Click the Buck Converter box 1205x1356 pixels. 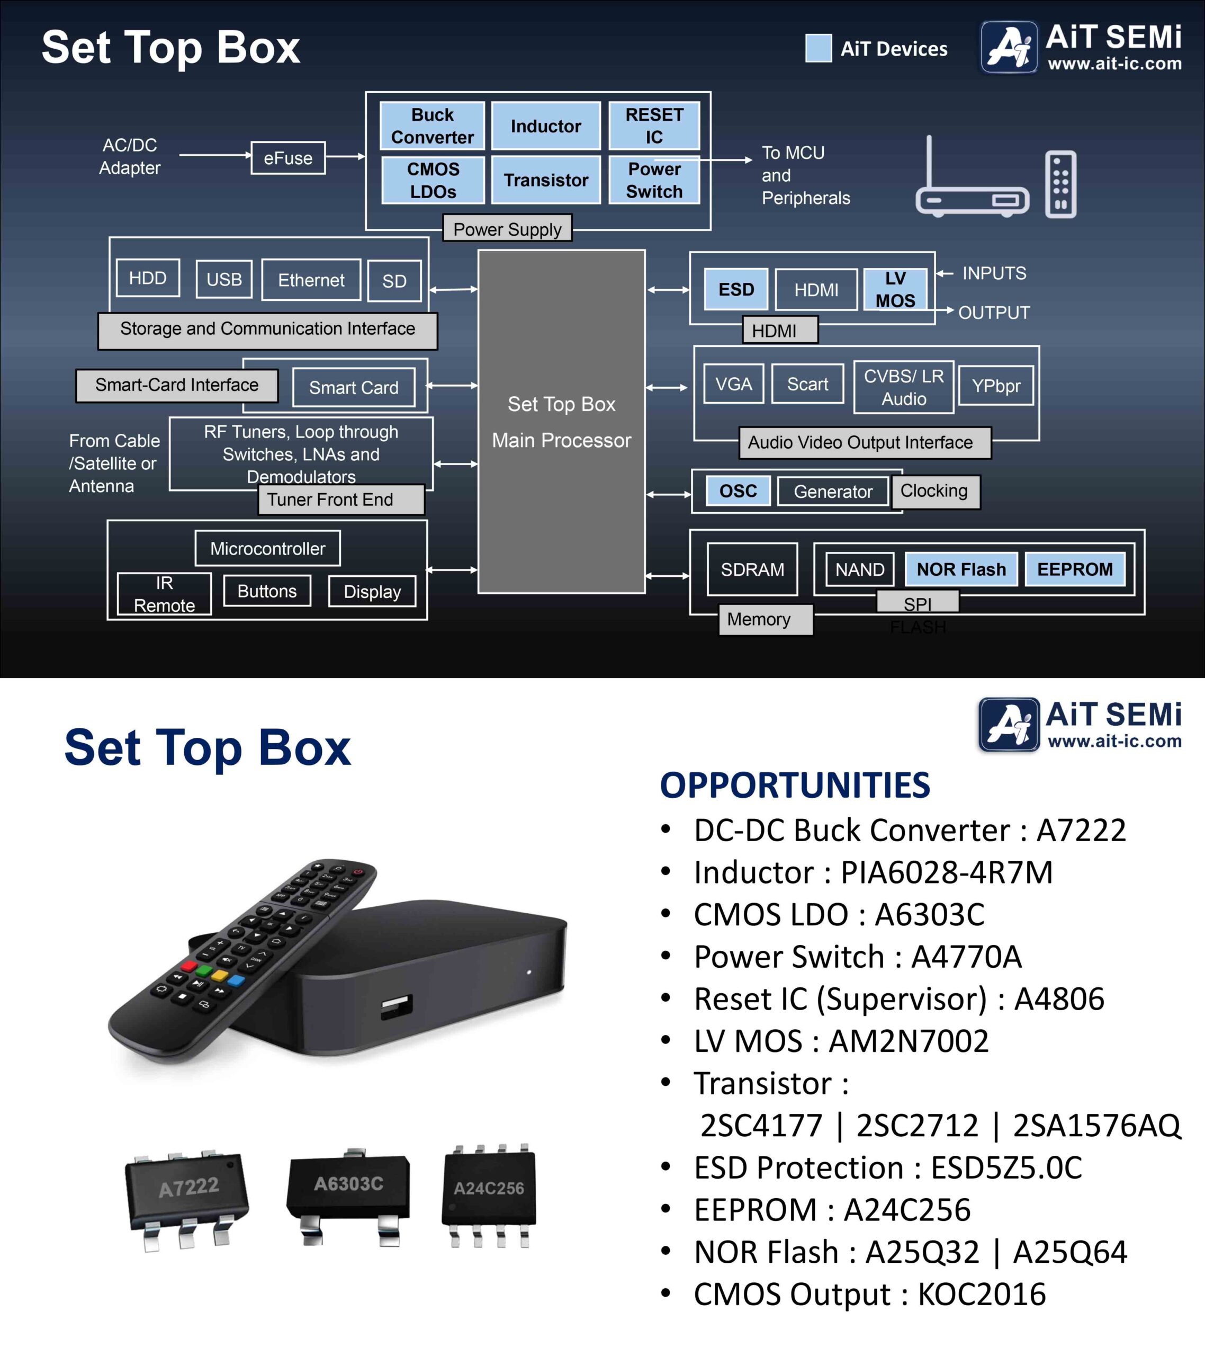click(433, 126)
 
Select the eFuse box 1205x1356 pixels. click(288, 158)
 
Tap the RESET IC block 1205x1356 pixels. click(654, 126)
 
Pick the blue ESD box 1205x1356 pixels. click(736, 289)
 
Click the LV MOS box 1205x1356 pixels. click(895, 289)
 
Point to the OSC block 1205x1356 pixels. click(738, 491)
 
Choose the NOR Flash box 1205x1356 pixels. click(961, 569)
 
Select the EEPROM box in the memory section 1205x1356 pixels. click(1075, 569)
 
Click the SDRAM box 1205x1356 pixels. click(752, 569)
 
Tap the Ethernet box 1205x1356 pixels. click(311, 280)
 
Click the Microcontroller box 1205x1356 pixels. click(268, 548)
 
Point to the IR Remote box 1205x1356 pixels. click(165, 594)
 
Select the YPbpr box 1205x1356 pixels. click(995, 386)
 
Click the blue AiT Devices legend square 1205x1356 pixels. click(819, 48)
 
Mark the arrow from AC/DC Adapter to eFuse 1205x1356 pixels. click(215, 155)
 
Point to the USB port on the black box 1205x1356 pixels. click(397, 1006)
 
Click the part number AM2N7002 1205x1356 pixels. click(909, 1041)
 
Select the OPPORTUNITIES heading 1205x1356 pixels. click(795, 786)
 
